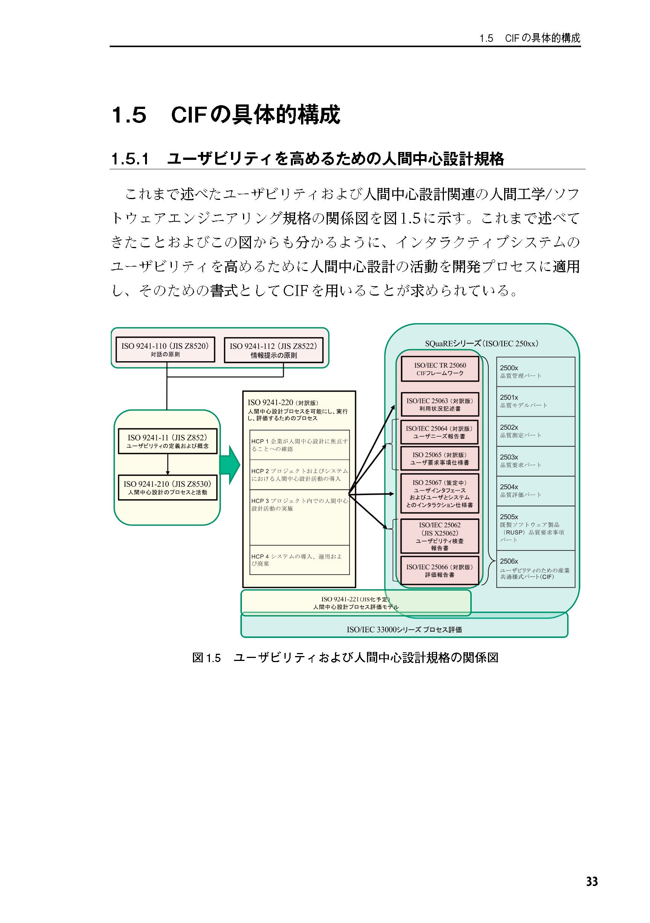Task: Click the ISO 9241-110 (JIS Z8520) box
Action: [165, 350]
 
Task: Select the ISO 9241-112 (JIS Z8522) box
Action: [273, 350]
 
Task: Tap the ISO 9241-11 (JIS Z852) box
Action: [167, 441]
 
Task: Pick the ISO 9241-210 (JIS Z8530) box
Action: [167, 487]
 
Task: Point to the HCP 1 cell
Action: [299, 445]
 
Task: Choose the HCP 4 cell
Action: [299, 560]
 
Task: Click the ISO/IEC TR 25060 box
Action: [440, 369]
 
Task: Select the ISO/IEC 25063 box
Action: [440, 405]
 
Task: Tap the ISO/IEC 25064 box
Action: [440, 432]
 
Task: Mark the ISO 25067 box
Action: [440, 493]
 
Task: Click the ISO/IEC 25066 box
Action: [440, 570]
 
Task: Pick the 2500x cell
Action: [535, 371]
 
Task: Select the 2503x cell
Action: [535, 461]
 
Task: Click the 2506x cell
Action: [535, 569]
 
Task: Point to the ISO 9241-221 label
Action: [356, 603]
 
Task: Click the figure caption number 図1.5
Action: [206, 658]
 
